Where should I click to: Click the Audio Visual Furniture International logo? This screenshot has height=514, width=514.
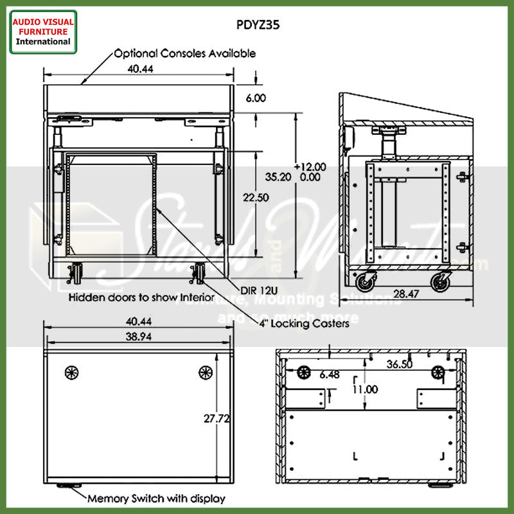tap(43, 31)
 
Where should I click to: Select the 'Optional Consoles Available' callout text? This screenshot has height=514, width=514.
tap(184, 54)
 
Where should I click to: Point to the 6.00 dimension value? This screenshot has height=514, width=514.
tap(256, 98)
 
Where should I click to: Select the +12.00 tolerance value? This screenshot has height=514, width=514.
tap(310, 166)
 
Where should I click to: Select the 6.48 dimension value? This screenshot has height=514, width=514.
tap(328, 374)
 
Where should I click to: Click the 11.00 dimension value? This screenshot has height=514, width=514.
tap(364, 389)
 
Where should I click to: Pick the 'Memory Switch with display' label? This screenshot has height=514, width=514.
tap(156, 498)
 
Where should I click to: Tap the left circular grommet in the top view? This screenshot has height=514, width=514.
tap(71, 372)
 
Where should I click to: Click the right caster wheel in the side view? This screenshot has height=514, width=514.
tap(440, 281)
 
